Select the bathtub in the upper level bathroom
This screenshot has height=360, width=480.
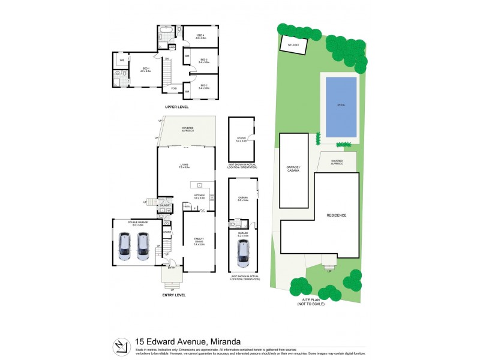click(x=166, y=29)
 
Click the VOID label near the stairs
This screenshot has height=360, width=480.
click(x=174, y=88)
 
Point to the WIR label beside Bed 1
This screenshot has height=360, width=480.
click(x=122, y=60)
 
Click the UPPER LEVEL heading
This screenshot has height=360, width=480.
click(x=177, y=107)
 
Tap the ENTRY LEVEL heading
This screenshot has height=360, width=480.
click(x=174, y=295)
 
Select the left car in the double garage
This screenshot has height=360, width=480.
click(x=125, y=247)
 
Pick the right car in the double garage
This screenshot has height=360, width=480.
click(x=143, y=247)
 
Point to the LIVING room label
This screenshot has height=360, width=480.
click(x=185, y=165)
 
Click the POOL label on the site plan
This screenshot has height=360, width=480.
click(x=341, y=104)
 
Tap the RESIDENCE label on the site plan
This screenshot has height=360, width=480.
click(x=337, y=215)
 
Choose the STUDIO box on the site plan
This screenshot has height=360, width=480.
click(x=293, y=44)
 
